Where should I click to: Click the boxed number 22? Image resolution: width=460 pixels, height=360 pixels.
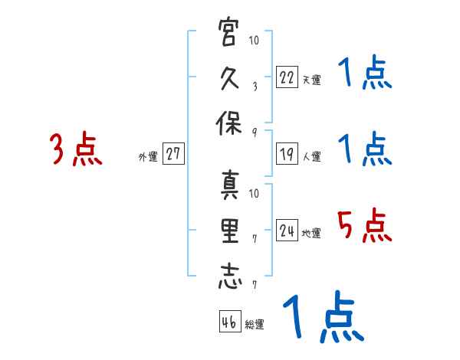point(287,77)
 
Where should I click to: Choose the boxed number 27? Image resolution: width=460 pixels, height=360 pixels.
point(173,154)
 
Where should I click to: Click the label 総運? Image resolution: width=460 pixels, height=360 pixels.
point(255,325)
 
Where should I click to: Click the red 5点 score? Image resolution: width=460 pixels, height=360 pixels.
point(365,226)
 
